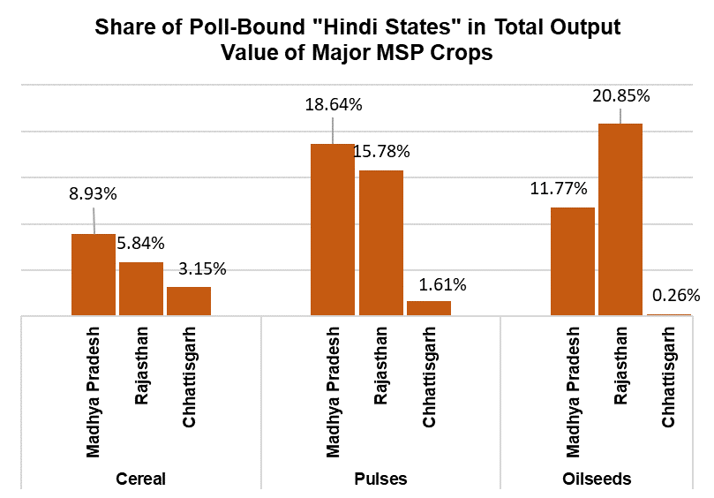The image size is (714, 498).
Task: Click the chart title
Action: point(357,40)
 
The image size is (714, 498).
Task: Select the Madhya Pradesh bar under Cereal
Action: point(93,275)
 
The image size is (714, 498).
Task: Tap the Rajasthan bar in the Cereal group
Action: point(141,289)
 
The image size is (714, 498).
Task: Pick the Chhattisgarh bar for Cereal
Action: point(189,301)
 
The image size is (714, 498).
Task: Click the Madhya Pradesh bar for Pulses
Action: point(333,230)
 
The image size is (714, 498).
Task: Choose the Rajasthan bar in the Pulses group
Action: point(380,243)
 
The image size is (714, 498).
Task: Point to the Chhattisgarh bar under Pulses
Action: point(428,308)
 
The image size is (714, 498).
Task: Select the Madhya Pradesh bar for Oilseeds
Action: point(573,261)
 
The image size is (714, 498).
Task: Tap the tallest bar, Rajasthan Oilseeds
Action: point(620,220)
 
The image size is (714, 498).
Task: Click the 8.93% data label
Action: point(94,194)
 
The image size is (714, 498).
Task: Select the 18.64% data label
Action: point(333,105)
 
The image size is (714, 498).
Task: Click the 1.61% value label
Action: point(438,284)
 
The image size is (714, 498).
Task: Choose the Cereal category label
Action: point(141,479)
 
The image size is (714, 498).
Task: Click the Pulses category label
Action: point(381,479)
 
